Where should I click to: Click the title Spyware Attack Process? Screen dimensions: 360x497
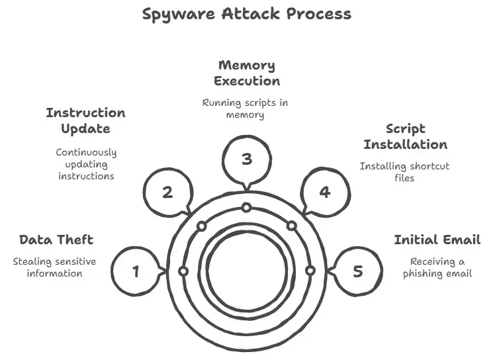pos(247,14)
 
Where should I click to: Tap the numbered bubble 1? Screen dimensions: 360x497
pos(136,271)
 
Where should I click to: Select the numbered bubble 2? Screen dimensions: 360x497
pos(168,193)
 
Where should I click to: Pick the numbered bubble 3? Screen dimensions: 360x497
pos(246,159)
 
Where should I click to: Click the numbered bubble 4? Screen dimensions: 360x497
pos(324,192)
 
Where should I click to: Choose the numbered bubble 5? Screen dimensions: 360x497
pos(357,271)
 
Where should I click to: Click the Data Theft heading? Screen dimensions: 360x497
pos(56,240)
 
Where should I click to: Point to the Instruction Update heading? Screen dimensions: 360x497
pos(85,120)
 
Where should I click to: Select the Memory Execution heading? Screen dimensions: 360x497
pos(246,73)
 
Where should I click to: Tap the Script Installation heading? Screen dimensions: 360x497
pos(405,136)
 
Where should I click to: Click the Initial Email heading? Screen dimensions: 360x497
pos(437,240)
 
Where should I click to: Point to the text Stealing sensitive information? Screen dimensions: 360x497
pos(54,267)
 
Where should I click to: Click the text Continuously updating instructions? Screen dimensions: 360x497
pos(86,163)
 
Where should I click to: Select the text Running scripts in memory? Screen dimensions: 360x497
pos(245,109)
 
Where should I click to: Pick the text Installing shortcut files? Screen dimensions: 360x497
pos(404,171)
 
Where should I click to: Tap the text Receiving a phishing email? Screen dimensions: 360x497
pos(437,267)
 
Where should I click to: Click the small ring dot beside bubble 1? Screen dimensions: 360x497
pos(183,271)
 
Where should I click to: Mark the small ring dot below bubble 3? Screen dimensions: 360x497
pos(246,208)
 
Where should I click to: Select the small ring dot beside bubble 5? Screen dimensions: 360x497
pos(309,271)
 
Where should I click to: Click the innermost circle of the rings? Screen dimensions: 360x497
pos(246,270)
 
